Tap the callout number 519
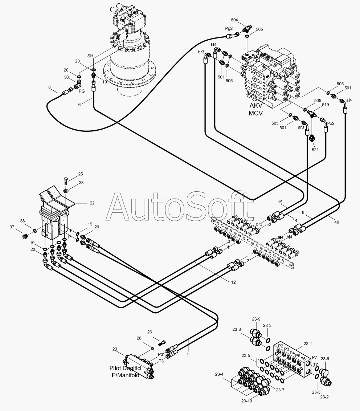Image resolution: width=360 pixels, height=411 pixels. coord(325,105)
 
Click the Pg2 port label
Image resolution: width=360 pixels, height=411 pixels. coord(229,29)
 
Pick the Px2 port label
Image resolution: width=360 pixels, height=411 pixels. coord(331,123)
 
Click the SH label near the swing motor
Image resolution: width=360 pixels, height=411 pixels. coord(90,56)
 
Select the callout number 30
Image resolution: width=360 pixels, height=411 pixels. coord(66,77)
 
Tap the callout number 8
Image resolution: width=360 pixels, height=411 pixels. coord(50,87)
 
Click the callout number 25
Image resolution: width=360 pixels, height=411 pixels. coord(81,174)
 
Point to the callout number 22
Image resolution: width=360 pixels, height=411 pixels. coord(92,203)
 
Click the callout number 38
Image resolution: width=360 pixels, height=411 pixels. coord(22,221)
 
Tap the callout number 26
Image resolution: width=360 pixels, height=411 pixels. coord(150,332)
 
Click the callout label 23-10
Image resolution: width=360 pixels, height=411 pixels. coord(246,401)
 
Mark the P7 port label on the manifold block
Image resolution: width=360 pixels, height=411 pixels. coord(314,357)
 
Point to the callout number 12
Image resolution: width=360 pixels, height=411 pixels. coord(233,282)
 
